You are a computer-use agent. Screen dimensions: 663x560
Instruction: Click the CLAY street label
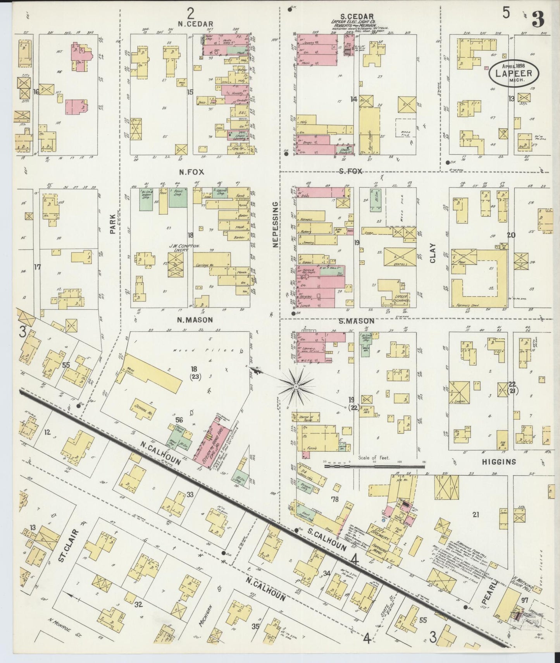click(x=432, y=253)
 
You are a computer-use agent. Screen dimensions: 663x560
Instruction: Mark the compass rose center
click(x=296, y=387)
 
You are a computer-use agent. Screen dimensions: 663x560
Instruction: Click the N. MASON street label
click(x=195, y=320)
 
